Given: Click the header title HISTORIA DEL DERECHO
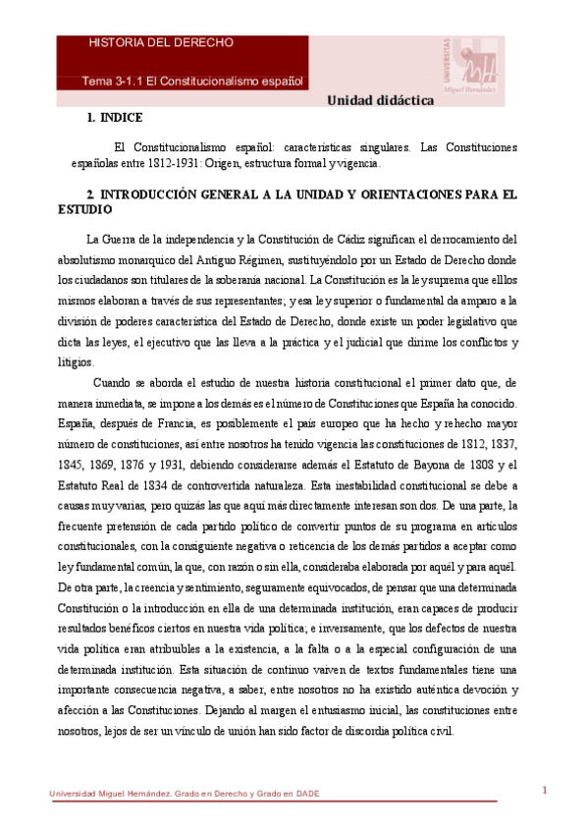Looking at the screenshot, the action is point(161,43).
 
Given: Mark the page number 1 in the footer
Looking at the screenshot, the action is point(544,790).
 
